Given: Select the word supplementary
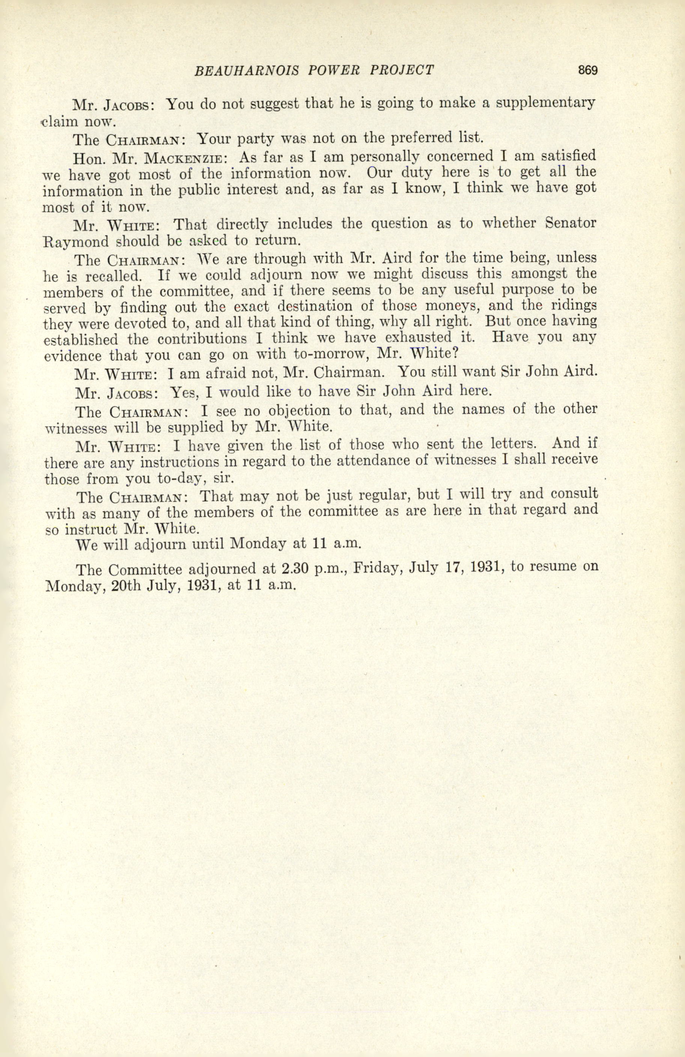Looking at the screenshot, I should point(545,104).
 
